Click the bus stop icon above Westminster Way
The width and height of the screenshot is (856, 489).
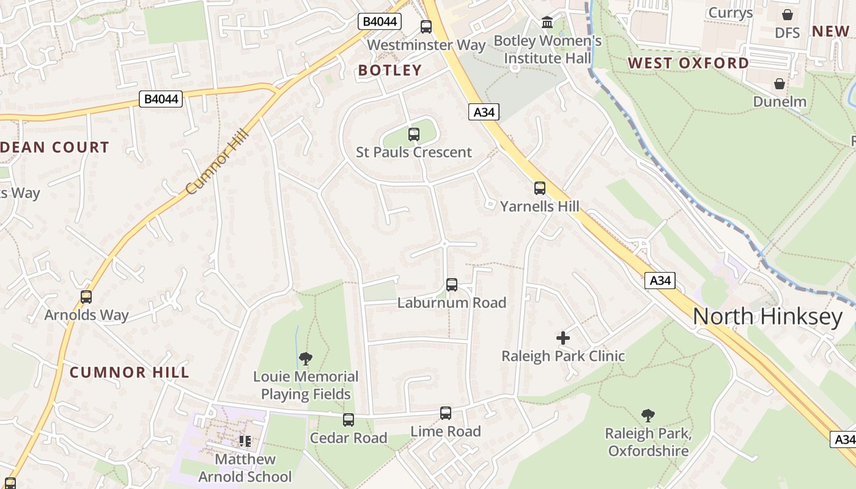tap(426, 27)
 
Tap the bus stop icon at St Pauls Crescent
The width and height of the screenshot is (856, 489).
tap(414, 134)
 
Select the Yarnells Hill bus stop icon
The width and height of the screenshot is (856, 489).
tap(540, 188)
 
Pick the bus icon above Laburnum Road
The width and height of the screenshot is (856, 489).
tap(452, 285)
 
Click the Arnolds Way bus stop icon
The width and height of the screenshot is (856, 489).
tap(86, 297)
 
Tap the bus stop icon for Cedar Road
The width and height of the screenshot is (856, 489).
tap(349, 420)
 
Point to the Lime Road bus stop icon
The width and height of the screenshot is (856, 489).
tap(446, 413)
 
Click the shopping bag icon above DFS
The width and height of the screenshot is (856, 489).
tap(788, 15)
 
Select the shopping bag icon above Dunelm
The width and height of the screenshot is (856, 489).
tap(780, 84)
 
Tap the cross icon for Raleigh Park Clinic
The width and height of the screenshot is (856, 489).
tap(563, 337)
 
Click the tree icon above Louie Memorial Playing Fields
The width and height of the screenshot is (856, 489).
tap(306, 359)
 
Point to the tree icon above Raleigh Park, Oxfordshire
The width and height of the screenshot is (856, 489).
tap(648, 416)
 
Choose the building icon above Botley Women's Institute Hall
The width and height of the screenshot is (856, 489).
tap(547, 23)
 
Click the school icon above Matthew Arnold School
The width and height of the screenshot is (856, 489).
tap(245, 441)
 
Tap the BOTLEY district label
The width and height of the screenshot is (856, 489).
tap(390, 70)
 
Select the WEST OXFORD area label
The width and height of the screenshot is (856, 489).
tap(688, 63)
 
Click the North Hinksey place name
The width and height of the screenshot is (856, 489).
tap(767, 316)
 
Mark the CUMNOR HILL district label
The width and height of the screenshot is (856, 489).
tap(129, 372)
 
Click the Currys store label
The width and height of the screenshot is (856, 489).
tap(730, 13)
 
